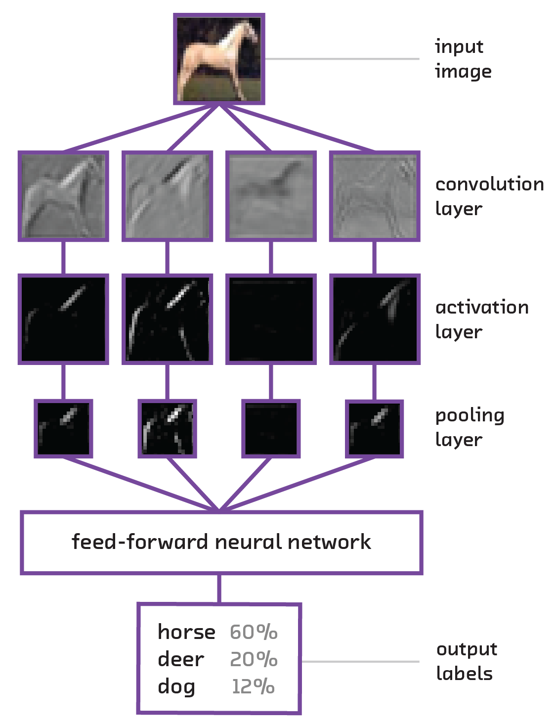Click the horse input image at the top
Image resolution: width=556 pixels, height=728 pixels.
219,59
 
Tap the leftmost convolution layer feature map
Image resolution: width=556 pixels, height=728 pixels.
63,196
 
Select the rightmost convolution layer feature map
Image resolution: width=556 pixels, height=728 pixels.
375,196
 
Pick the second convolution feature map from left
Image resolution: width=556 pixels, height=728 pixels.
168,196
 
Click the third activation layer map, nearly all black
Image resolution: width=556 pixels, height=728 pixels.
271,319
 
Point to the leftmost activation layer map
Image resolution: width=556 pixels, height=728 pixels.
63,319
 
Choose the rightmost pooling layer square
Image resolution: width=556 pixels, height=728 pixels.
375,429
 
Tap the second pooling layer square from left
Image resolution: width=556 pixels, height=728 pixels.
168,429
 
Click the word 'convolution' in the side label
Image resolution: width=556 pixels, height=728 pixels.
489,184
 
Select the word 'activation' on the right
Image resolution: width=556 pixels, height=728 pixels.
482,307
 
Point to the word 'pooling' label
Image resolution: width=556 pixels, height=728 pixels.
470,416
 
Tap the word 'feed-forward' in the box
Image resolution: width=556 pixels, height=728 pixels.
140,542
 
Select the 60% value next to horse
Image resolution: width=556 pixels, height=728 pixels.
254,632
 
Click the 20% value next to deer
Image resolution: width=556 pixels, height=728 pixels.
254,659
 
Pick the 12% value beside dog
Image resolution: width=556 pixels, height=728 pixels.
253,686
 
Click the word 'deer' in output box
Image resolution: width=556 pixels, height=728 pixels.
181,659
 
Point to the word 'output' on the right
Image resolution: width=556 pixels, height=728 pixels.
467,649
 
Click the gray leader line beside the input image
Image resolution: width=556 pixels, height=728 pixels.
342,59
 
